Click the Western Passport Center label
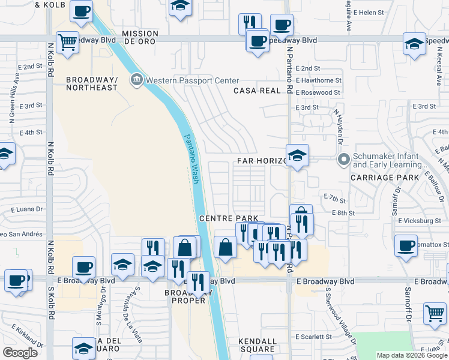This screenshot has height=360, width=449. point(192,80)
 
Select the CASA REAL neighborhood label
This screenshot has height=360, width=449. point(257,91)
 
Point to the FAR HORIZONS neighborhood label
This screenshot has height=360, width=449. point(263,161)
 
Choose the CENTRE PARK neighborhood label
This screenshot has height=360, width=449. point(228,218)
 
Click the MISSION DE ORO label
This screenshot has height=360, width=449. point(140,38)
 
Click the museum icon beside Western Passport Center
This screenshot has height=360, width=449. point(136,80)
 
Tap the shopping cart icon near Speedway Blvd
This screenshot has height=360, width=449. point(68,42)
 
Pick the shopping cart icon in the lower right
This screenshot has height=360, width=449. point(435,313)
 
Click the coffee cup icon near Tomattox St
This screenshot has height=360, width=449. point(406,245)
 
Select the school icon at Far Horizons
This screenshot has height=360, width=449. point(297,155)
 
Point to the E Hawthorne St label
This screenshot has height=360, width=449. point(318,80)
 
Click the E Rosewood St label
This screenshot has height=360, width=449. point(318,93)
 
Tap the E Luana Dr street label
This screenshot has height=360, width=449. point(27,210)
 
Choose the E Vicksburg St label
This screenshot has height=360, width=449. point(420,221)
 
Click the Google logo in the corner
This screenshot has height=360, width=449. point(20,353)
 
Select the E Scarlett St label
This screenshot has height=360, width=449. point(313,337)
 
